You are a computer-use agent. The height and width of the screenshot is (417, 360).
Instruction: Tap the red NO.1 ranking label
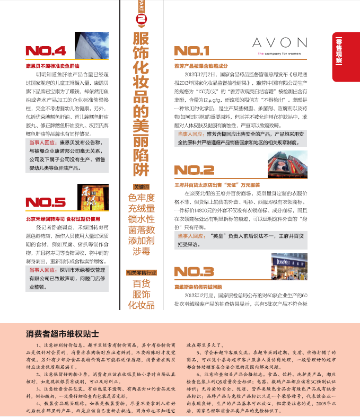click(x=192, y=51)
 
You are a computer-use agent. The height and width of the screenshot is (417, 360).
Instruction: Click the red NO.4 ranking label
click(x=46, y=51)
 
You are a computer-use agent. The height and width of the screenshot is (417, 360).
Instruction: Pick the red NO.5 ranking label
click(x=46, y=202)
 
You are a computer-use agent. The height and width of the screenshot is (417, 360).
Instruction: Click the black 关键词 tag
click(x=142, y=187)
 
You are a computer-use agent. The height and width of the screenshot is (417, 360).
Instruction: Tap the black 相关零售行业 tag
click(x=142, y=272)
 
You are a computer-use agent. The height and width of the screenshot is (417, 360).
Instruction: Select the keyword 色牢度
click(x=142, y=198)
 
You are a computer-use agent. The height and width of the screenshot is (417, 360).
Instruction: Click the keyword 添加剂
click(x=142, y=241)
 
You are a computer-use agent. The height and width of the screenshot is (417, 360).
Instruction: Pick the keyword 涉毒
click(x=142, y=252)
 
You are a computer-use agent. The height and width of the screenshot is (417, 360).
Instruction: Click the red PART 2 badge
click(x=141, y=15)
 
